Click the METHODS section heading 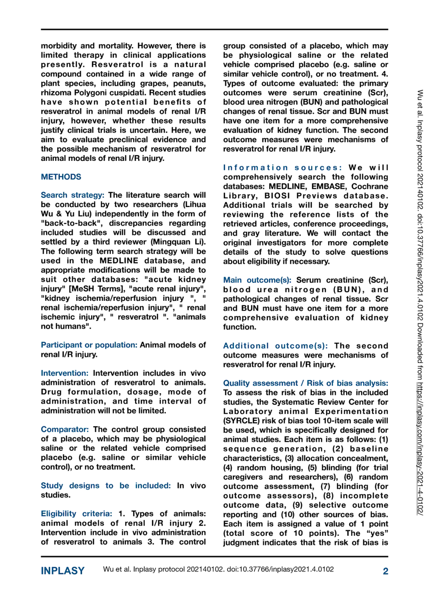tap(61, 177)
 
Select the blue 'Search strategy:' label tap(72, 195)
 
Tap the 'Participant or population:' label tap(89, 345)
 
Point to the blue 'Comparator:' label tap(65, 430)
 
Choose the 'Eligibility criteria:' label tap(76, 514)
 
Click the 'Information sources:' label tap(282, 168)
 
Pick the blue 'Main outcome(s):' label tap(257, 280)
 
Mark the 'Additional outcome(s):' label tap(275, 346)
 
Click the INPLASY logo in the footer tap(63, 571)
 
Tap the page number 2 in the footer tap(385, 571)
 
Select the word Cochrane tap(370, 187)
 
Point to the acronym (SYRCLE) tap(241, 421)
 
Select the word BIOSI tap(277, 196)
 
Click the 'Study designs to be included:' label tap(105, 486)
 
